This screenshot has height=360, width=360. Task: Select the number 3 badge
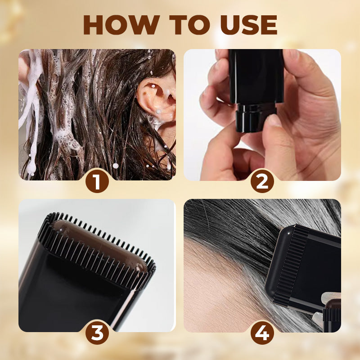[97, 333]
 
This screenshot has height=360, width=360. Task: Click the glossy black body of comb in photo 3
[72, 288]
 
